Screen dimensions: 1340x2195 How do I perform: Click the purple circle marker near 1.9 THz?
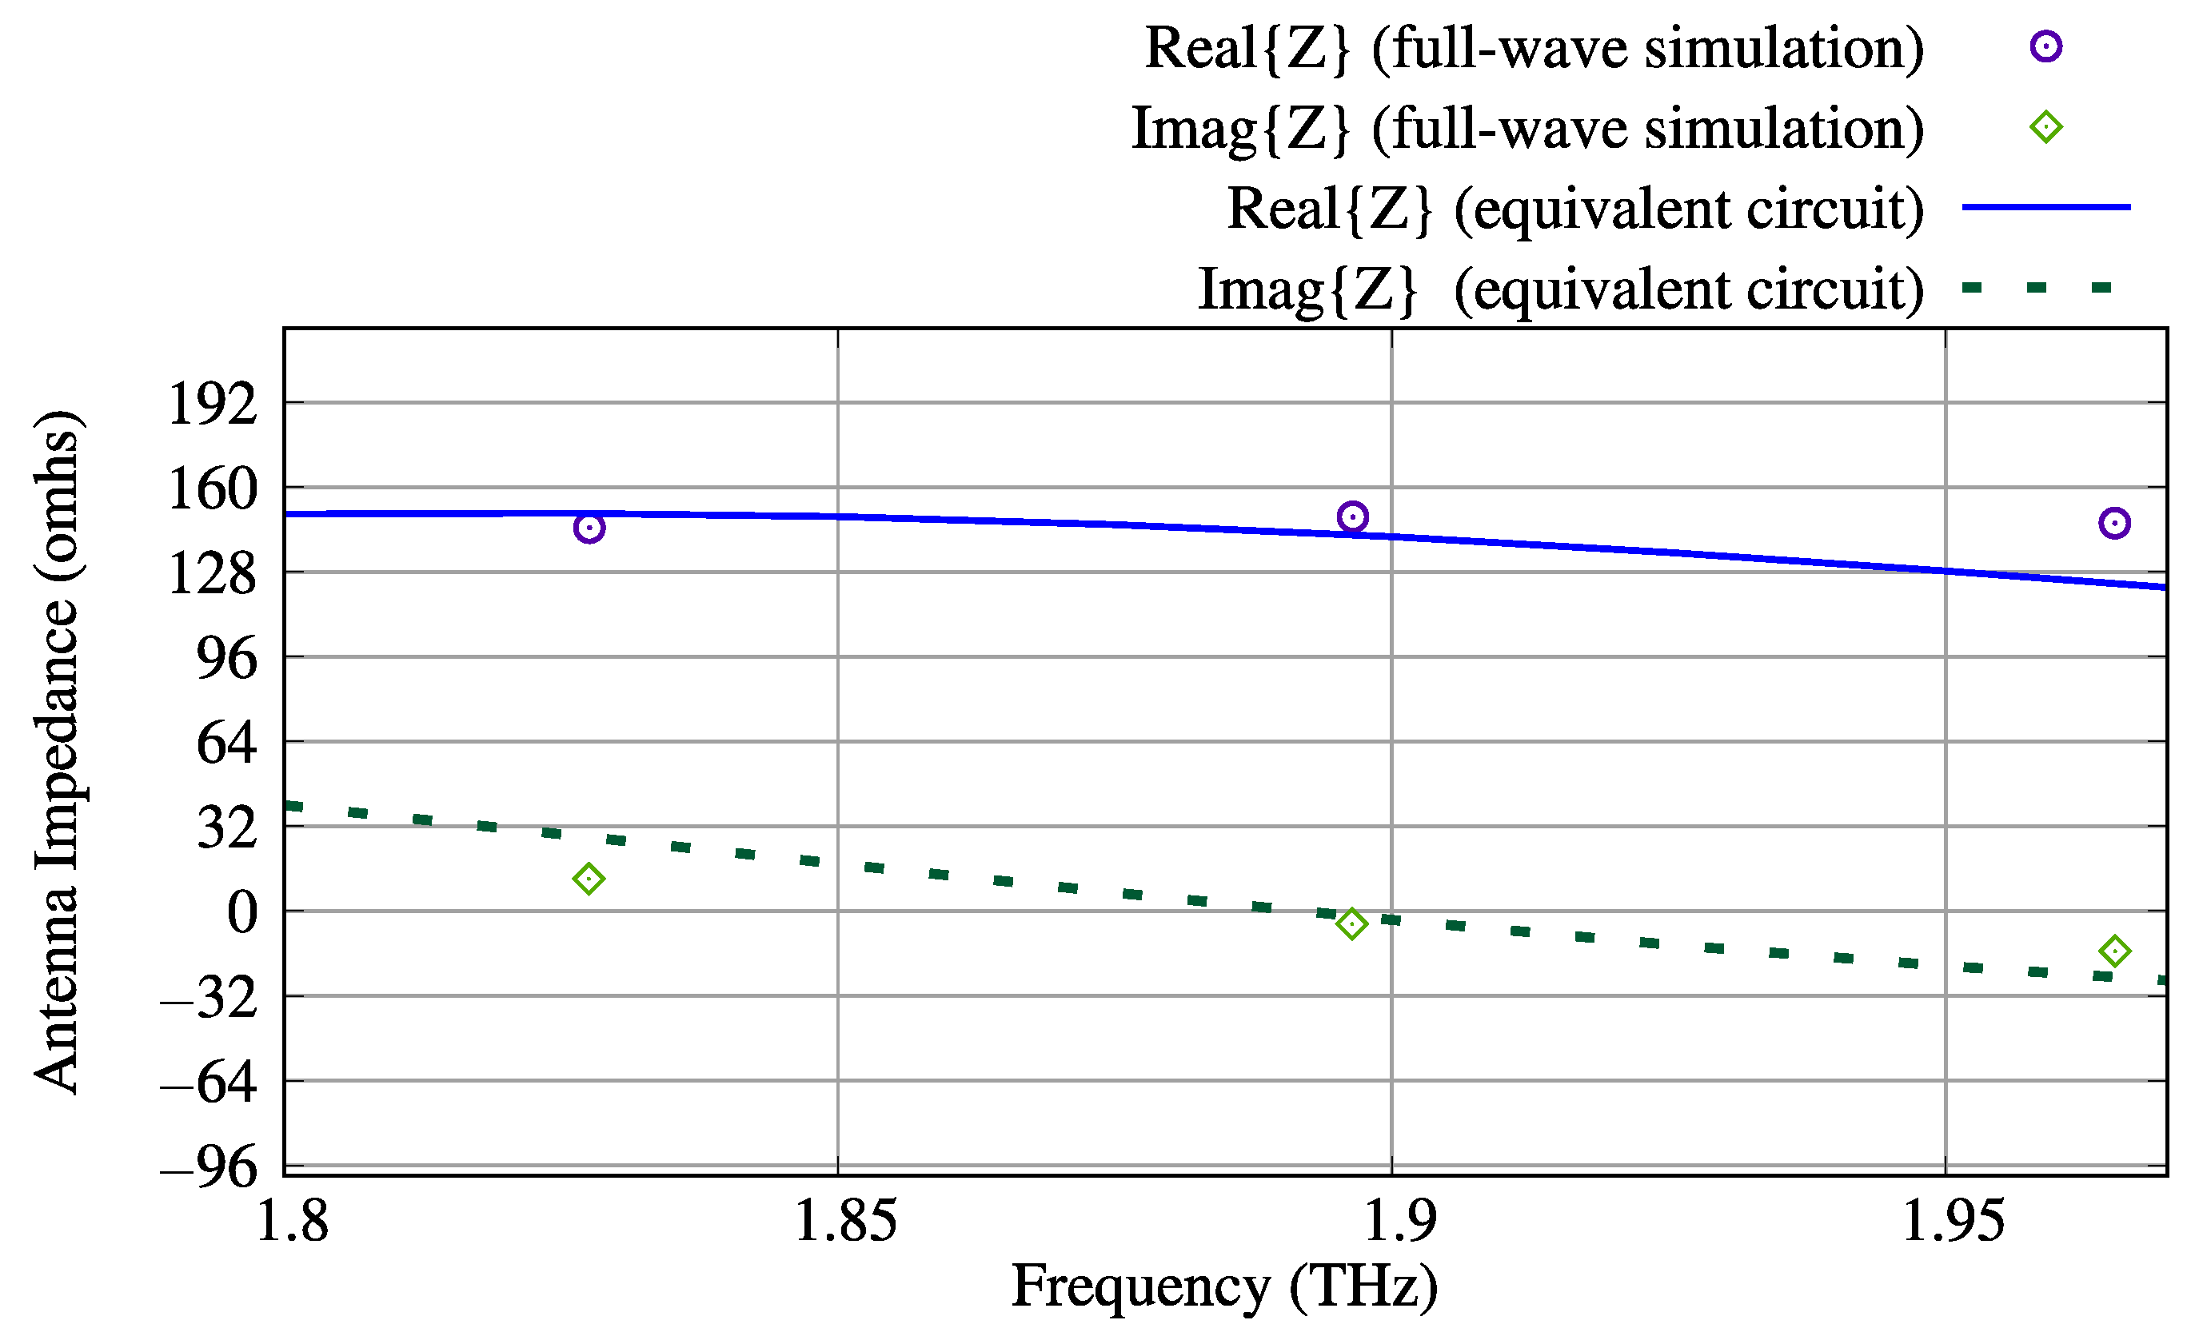(1352, 516)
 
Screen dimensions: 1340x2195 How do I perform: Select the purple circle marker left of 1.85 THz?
(589, 528)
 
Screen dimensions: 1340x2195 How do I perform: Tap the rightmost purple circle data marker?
(2114, 523)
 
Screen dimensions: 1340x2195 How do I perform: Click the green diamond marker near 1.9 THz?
(1351, 924)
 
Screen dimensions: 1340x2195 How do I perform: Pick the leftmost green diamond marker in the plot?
(588, 879)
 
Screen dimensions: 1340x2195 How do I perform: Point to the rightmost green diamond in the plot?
(2114, 951)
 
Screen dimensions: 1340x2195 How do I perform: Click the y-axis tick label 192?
(212, 405)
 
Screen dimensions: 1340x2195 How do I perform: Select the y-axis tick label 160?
(212, 489)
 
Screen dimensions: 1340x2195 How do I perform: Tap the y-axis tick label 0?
(241, 913)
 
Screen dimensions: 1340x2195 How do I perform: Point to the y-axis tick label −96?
(210, 1167)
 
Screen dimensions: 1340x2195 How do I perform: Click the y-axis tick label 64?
(226, 743)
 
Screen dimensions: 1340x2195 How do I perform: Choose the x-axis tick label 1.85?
(844, 1221)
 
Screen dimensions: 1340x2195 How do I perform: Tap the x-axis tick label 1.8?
(292, 1221)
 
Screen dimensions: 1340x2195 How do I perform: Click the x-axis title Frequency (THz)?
(1224, 1287)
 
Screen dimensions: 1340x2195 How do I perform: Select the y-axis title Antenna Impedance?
(57, 752)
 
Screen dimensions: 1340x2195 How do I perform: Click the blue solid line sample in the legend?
(2045, 207)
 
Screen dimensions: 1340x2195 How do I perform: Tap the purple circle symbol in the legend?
(2045, 46)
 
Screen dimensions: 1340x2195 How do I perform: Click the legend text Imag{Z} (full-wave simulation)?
(1527, 128)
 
